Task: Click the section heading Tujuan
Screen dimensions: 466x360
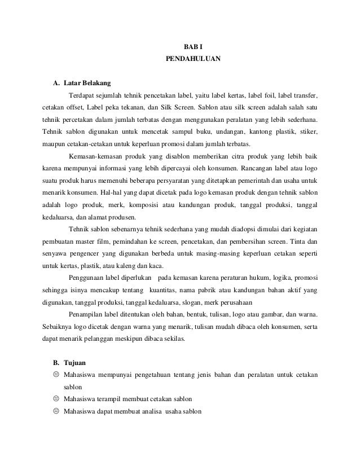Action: (73, 363)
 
